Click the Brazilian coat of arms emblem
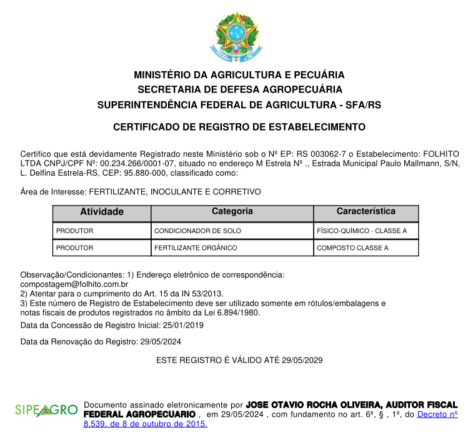[x=236, y=36]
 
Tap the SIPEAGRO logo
[x=46, y=411]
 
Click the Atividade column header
[x=102, y=212]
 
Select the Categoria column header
[x=232, y=212]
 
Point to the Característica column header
[x=366, y=212]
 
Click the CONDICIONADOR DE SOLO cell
[x=197, y=231]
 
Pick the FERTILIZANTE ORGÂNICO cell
[x=196, y=248]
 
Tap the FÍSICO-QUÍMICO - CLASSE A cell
[x=362, y=231]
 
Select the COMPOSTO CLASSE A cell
[x=352, y=248]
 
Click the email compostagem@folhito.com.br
[x=74, y=284]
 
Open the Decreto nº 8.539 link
[x=437, y=414]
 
